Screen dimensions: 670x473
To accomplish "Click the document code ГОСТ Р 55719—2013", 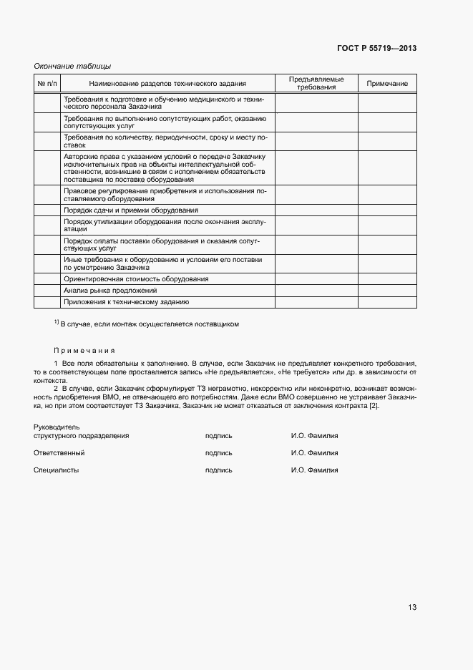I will tap(376, 48).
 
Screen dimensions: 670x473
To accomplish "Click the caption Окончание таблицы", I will tap(72, 66).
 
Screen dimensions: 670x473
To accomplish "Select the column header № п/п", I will tap(47, 84).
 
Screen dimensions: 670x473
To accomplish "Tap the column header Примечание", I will tap(387, 84).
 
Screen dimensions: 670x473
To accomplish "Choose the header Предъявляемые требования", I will tap(316, 83).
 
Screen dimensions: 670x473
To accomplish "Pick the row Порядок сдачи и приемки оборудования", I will tap(130, 210).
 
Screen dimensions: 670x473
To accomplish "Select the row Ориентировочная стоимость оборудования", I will tap(136, 278).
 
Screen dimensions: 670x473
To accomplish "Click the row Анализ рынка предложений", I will tap(110, 291).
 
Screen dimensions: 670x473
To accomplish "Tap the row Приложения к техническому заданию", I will tap(126, 302).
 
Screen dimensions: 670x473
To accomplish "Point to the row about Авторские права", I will tap(165, 167).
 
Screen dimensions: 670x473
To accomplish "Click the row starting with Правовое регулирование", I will tap(165, 195).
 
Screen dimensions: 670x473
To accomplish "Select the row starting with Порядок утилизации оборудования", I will tap(165, 225).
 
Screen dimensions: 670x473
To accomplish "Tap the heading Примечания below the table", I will tap(84, 351).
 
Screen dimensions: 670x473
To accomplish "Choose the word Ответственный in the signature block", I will tap(59, 453).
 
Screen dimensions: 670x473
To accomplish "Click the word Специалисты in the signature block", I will tap(57, 470).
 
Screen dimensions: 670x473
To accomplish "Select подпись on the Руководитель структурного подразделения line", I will tap(218, 435).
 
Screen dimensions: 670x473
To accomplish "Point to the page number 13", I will tap(412, 607).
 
